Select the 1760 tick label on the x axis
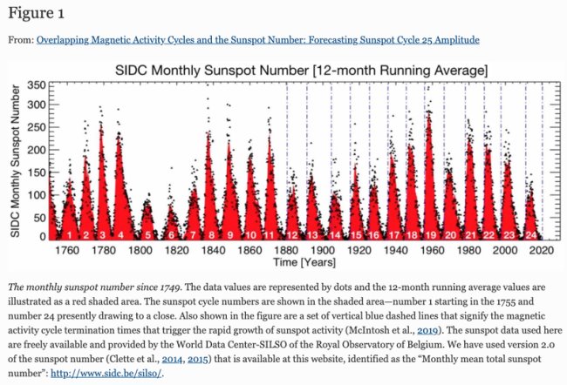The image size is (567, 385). pos(68,249)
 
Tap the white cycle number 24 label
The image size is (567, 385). pos(530,234)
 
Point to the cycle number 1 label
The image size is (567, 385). pos(69,234)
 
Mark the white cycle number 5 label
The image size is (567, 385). pos(148,234)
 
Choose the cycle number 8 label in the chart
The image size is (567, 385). pos(210,234)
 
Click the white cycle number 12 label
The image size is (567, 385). pos(292,234)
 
